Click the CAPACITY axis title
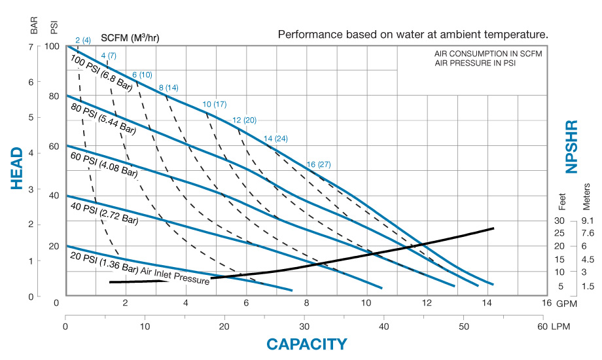coord(306,344)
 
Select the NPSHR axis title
coord(572,147)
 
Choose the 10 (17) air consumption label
coord(215,105)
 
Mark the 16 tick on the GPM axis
coord(547,303)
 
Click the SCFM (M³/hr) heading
coord(130,37)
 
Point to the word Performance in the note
coord(307,34)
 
